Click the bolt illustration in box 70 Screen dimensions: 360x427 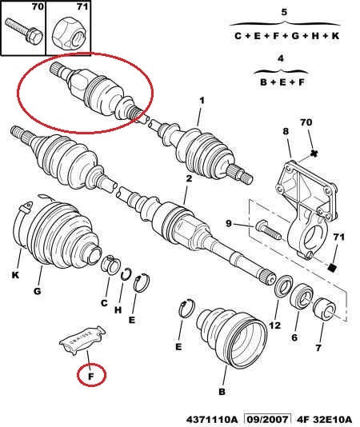click(x=24, y=32)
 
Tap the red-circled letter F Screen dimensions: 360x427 click(x=91, y=376)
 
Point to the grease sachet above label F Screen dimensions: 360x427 click(x=82, y=339)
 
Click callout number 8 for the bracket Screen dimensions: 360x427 click(x=286, y=131)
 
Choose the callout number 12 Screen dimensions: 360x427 click(x=274, y=325)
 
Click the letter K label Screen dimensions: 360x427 click(x=15, y=275)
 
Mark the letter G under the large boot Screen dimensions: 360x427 click(x=38, y=291)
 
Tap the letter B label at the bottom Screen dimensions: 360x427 click(x=222, y=391)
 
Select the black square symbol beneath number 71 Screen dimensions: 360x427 click(x=332, y=268)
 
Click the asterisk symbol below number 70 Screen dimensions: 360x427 click(x=314, y=154)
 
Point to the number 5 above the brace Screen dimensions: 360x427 click(x=284, y=12)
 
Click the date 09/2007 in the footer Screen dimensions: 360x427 click(x=266, y=419)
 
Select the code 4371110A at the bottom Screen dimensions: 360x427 click(x=212, y=419)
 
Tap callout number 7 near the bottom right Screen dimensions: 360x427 click(x=318, y=348)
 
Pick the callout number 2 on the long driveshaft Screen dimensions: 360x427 click(x=189, y=178)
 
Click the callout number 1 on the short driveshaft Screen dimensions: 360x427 click(x=202, y=101)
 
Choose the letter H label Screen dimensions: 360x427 click(x=118, y=310)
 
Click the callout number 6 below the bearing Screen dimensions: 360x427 click(x=294, y=337)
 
